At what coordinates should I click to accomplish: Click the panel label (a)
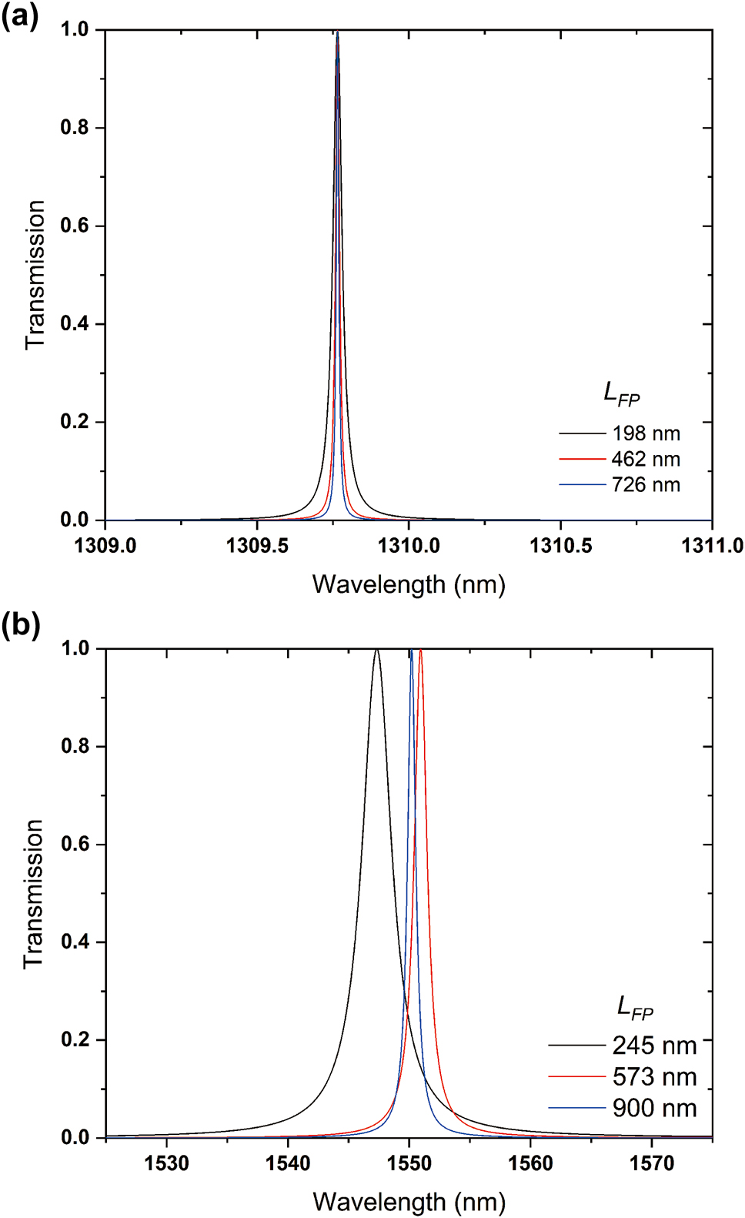19,15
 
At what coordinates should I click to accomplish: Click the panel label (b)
20,625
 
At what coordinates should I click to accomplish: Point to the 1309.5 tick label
257,546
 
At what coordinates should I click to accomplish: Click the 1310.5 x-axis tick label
560,546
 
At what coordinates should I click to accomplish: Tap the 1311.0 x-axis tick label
712,546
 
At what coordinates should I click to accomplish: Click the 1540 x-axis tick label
288,1163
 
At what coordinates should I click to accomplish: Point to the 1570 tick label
652,1163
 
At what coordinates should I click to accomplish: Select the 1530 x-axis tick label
166,1163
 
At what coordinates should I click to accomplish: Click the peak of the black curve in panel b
376,651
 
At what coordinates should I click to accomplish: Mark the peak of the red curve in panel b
420,651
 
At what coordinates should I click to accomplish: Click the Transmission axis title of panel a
35,275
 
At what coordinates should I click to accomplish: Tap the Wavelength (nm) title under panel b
409,1202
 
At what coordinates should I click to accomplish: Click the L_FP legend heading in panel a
621,393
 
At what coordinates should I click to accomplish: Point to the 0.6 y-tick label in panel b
75,845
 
